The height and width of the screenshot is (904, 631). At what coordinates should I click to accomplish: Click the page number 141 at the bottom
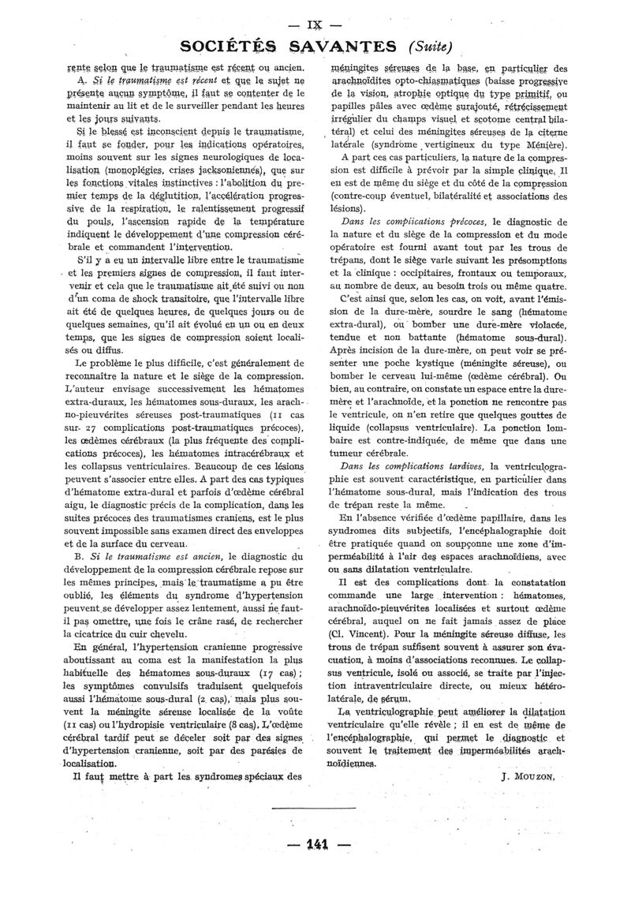coord(315,844)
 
